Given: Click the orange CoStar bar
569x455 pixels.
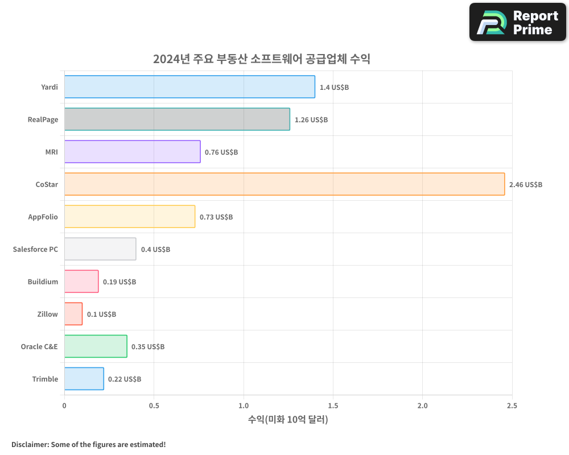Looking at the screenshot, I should (284, 184).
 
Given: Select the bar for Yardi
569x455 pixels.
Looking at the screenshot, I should (189, 87).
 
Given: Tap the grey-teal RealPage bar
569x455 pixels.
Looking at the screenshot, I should (177, 119).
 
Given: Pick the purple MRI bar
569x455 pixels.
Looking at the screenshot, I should (132, 152).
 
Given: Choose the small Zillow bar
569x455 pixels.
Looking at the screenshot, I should (73, 314).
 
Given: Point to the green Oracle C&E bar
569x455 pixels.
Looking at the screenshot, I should (96, 346).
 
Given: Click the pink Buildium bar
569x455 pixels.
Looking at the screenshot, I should (81, 282).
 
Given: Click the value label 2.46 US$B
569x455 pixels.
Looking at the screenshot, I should (526, 185).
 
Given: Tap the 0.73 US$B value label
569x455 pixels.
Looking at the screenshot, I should (216, 217).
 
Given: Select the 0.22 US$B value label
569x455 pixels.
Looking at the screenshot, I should (125, 379).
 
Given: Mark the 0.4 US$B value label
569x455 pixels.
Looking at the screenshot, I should (155, 250).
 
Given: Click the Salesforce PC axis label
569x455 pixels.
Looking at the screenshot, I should (35, 249).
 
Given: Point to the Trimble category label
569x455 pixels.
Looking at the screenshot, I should (45, 379).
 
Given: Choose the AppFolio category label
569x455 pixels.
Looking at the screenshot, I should (43, 217).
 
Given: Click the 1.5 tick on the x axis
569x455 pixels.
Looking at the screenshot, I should (333, 406).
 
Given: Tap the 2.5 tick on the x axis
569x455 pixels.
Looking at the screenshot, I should (512, 406).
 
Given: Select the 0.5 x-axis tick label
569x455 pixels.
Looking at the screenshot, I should (154, 406).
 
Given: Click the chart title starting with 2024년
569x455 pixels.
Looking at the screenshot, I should (262, 59).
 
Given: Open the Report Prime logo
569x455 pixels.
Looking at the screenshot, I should (518, 22).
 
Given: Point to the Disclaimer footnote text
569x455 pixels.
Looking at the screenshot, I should (89, 444).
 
